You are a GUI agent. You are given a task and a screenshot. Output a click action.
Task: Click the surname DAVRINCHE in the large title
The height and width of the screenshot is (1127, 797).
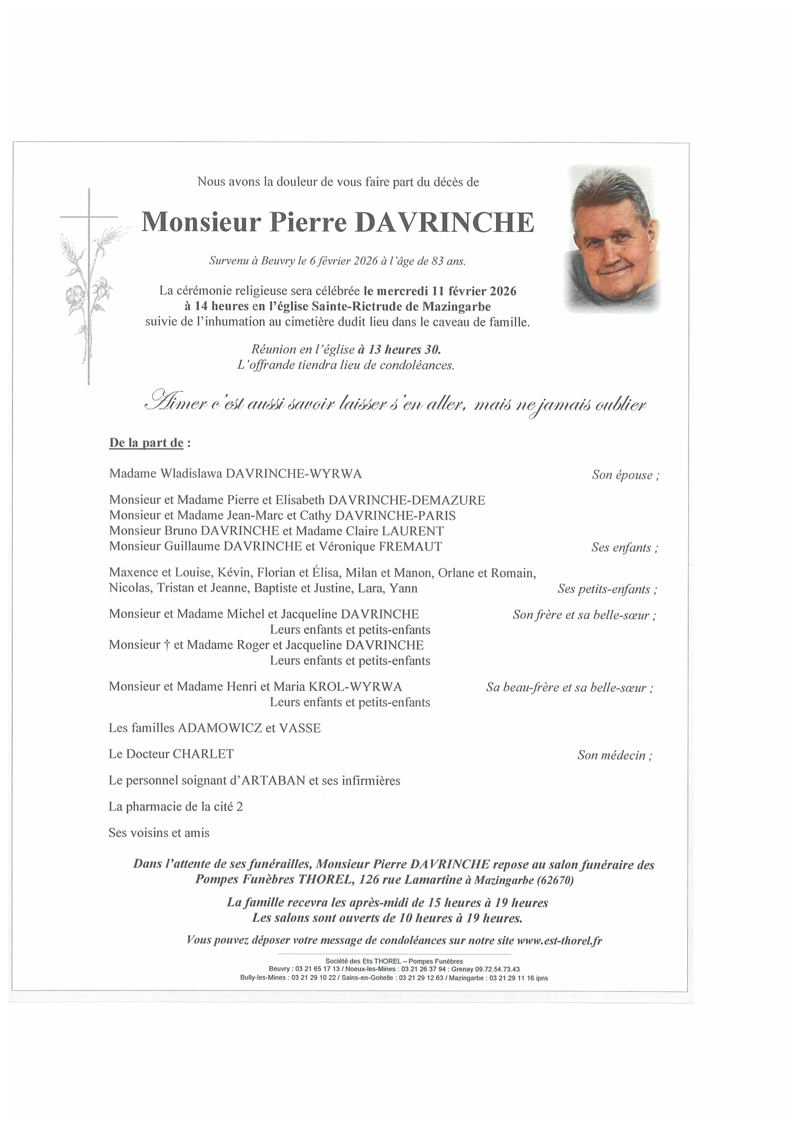[448, 222]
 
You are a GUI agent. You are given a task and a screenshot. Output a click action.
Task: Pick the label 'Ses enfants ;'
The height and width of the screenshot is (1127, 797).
[624, 548]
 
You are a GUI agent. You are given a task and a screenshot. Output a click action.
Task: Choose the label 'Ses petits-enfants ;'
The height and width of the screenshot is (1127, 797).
[607, 589]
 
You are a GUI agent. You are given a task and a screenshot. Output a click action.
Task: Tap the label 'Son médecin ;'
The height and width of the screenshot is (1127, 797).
[615, 755]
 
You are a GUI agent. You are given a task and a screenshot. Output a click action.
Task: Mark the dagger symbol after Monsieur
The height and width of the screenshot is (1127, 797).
[167, 645]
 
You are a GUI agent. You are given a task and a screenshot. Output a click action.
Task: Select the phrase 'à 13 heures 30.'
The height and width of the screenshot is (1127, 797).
[399, 350]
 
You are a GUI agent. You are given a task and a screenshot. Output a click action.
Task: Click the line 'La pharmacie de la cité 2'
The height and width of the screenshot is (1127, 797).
[176, 806]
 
